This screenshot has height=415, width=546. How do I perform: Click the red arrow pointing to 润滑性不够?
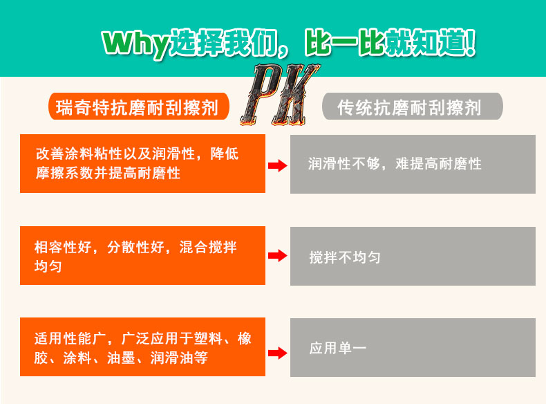pyautogui.click(x=277, y=165)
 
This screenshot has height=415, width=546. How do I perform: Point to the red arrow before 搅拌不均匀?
pyautogui.click(x=277, y=257)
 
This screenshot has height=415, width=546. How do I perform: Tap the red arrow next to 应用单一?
pyautogui.click(x=277, y=353)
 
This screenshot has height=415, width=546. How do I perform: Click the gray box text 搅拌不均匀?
pyautogui.click(x=345, y=258)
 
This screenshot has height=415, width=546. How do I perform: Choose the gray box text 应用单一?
pyautogui.click(x=337, y=349)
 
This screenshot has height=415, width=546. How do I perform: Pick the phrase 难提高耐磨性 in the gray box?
pyautogui.click(x=439, y=165)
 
